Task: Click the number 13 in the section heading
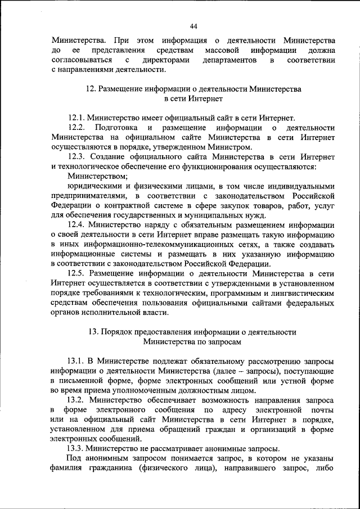pos(93,332)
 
